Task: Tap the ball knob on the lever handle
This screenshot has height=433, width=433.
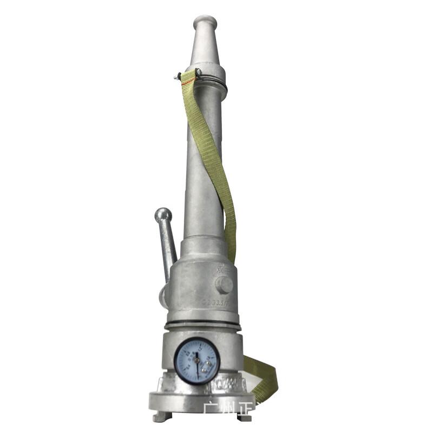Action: point(163,215)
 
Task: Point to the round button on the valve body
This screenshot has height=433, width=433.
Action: point(224,285)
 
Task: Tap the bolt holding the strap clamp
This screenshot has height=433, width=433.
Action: point(179,77)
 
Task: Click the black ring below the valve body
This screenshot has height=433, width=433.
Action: point(203,326)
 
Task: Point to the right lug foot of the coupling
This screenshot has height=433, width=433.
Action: point(245,417)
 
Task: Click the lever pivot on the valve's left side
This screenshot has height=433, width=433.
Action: point(163,295)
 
